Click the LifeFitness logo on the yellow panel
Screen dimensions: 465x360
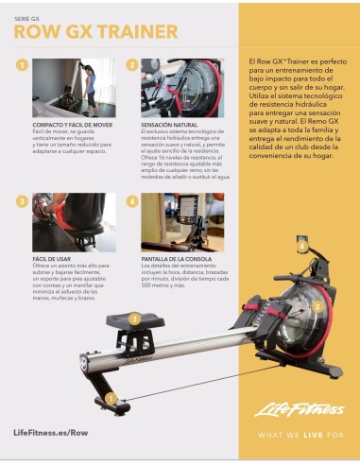point(294,409)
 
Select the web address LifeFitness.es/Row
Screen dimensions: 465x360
point(52,432)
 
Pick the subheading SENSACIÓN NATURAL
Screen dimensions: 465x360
point(168,125)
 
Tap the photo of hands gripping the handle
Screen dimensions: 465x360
point(74,222)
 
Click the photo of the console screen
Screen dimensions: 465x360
point(181,222)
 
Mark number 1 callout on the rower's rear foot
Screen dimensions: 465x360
point(112,399)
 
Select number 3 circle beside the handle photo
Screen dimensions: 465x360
point(22,201)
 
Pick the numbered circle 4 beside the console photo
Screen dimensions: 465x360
point(132,201)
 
